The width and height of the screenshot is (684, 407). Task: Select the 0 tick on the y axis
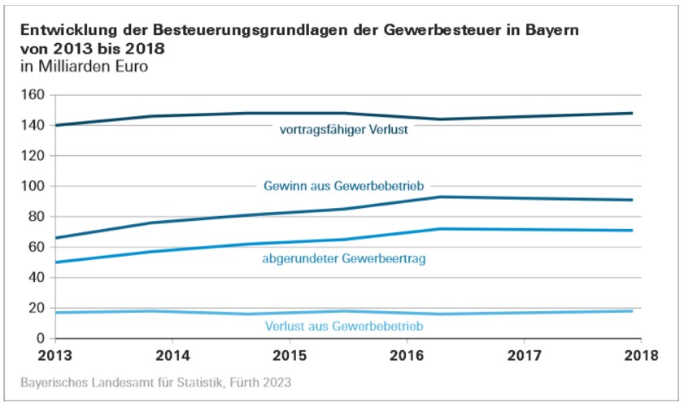pos(38,339)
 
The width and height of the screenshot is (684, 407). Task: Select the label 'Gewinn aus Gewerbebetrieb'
pos(345,185)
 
